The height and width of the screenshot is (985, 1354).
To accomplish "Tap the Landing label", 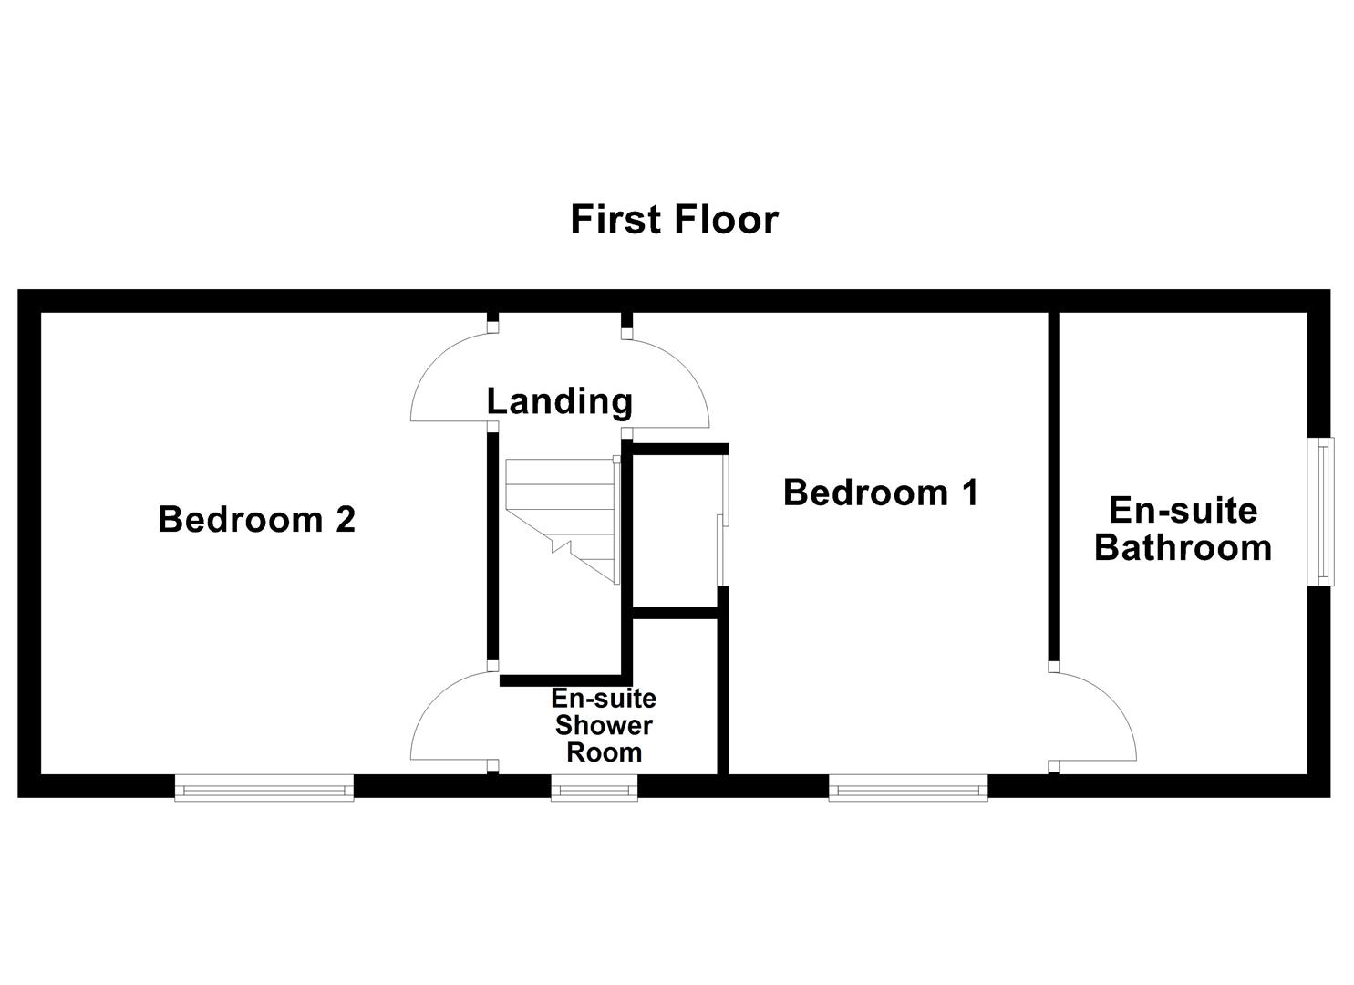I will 559,400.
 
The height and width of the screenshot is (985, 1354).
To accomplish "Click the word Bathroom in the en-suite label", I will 1183,547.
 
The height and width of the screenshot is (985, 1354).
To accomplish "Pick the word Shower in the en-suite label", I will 604,726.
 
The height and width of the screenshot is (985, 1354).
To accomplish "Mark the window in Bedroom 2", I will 264,787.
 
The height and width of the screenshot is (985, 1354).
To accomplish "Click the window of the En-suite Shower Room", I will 594,787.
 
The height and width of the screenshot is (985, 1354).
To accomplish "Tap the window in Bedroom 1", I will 907,787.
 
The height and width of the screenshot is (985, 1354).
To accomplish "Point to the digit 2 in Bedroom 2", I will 345,519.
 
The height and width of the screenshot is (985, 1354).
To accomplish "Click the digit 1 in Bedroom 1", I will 969,493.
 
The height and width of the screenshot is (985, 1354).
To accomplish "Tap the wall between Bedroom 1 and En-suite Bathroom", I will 1053,483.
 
